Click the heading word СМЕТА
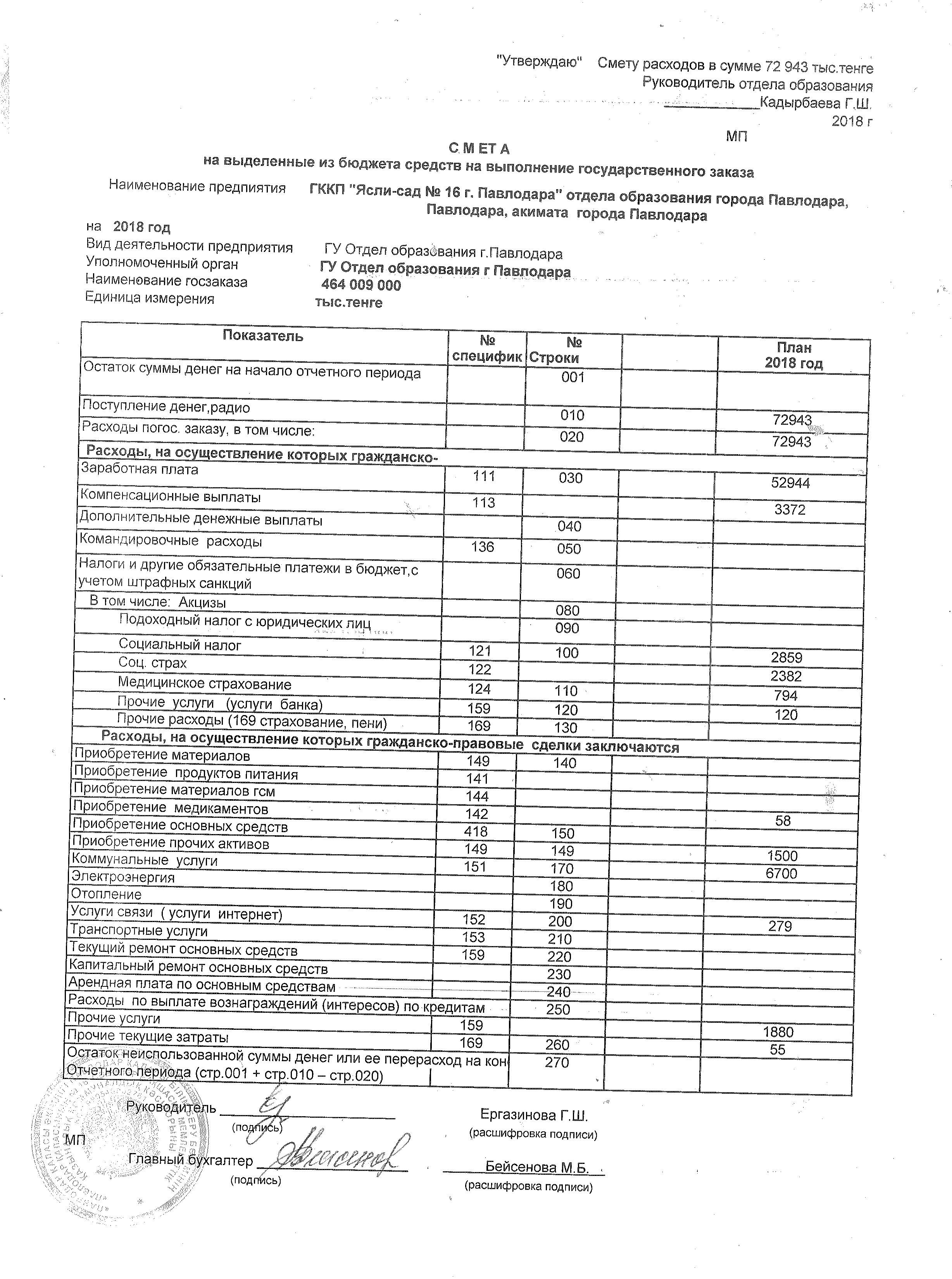point(479,149)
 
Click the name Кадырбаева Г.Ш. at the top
point(816,104)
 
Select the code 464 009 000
point(361,285)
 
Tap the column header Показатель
point(263,336)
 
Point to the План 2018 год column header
point(793,355)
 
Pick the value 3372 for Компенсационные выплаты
point(790,509)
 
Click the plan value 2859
point(786,657)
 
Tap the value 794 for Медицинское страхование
point(785,695)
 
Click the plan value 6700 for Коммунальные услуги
point(781,874)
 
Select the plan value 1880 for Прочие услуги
point(778,1032)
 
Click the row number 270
point(557,1062)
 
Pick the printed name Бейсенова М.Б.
point(536,1167)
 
